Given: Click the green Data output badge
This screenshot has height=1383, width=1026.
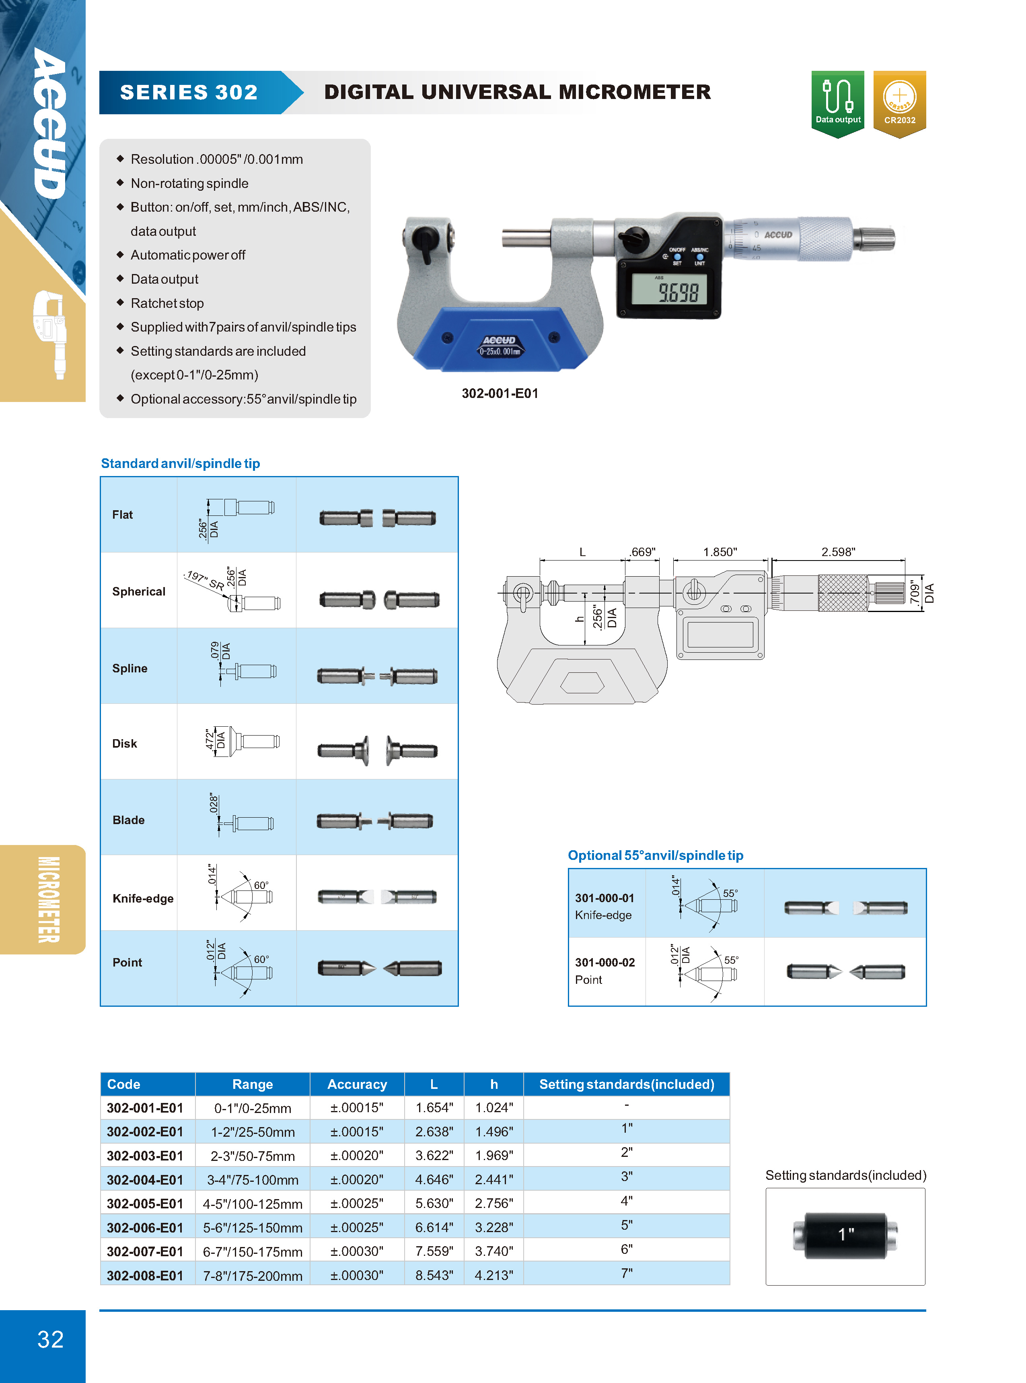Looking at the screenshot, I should click(837, 103).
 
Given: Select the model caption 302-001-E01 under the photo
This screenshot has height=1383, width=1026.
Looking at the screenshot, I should click(500, 393).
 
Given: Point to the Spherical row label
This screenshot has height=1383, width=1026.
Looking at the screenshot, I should click(138, 592).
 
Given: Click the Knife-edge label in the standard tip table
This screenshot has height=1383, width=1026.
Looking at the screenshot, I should click(143, 899).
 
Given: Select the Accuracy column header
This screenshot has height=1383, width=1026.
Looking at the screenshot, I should click(357, 1084).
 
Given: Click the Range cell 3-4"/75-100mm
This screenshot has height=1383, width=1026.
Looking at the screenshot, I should click(253, 1180).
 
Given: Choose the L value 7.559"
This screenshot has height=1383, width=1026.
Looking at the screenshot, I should click(434, 1251).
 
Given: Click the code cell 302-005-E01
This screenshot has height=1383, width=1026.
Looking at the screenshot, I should click(145, 1204).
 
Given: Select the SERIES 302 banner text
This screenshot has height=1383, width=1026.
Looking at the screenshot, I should click(189, 93).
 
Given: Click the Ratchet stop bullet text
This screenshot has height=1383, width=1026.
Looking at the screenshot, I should click(167, 303).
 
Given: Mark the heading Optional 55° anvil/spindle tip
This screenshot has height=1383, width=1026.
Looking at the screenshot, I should click(655, 855).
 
